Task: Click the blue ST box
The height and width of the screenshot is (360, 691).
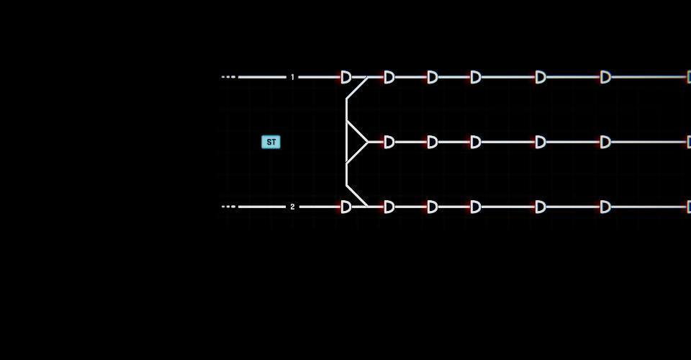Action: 271,142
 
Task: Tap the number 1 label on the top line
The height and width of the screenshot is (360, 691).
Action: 292,77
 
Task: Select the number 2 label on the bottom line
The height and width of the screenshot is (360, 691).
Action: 292,207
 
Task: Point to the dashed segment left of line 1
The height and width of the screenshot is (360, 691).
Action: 229,77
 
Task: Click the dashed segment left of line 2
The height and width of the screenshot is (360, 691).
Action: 229,207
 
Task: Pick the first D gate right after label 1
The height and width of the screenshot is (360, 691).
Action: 346,77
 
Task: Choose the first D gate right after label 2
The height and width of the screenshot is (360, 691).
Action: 346,207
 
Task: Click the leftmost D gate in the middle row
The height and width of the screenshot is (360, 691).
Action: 389,142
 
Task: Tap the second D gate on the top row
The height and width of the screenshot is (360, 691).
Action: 389,77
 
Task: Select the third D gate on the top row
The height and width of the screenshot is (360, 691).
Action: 433,77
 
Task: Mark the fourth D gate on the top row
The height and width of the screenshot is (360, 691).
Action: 476,77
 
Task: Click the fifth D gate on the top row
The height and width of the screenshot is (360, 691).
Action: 541,77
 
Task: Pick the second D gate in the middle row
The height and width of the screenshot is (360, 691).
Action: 433,142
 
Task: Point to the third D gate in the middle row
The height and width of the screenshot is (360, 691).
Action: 476,142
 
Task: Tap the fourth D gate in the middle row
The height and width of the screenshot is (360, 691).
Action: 541,142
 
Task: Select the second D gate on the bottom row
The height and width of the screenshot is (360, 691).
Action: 389,207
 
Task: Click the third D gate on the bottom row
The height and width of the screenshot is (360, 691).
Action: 433,207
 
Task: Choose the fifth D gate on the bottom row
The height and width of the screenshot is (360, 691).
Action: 541,207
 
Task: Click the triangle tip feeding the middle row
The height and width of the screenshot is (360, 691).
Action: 368,142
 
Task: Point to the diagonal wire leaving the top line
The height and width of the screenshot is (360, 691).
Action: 357,88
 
